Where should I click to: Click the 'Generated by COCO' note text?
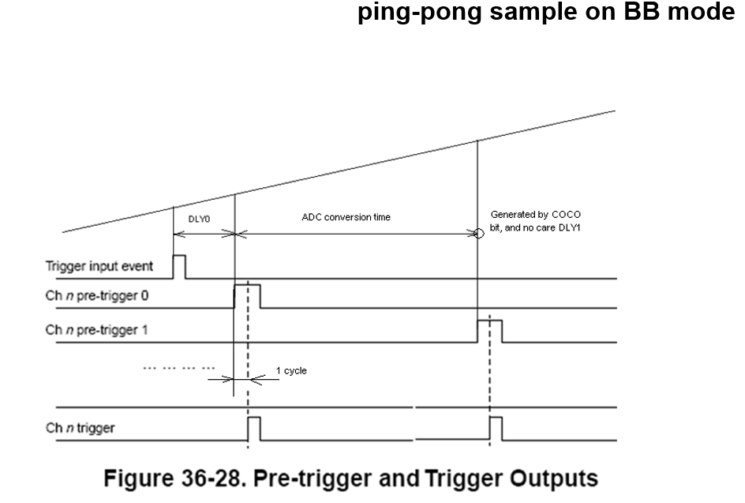pos(536,215)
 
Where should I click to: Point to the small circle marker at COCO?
pos(478,234)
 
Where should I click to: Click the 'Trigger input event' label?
pos(98,266)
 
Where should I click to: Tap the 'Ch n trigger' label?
pos(80,427)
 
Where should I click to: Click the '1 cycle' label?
pos(291,370)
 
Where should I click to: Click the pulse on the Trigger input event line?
pos(179,267)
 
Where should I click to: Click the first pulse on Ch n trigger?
pos(254,429)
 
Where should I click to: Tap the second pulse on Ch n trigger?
pos(496,429)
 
